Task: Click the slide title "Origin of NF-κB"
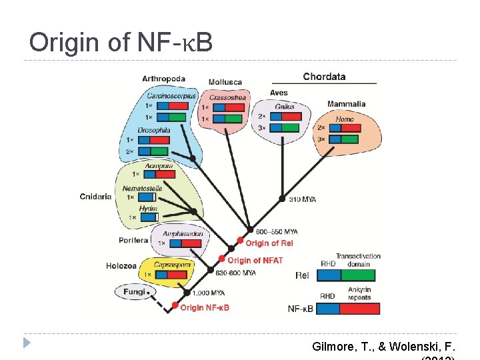121,43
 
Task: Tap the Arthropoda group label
163,79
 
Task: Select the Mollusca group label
225,83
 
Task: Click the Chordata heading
324,77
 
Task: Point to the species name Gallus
285,107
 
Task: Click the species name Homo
345,119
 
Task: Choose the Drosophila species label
154,130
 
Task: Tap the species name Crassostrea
227,97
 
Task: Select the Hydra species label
148,209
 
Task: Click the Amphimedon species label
183,234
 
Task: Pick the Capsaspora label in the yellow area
173,265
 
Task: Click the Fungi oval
133,292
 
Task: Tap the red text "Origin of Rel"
269,243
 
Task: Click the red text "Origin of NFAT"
255,260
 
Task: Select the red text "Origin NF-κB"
205,307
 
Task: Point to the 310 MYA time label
303,199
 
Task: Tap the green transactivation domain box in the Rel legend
358,275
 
